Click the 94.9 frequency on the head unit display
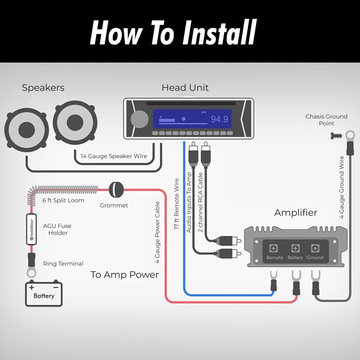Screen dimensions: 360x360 (x=220, y=119)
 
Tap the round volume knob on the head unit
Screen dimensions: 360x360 (x=139, y=119)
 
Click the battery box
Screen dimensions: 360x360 (x=44, y=293)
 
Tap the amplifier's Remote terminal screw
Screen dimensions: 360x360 (x=274, y=248)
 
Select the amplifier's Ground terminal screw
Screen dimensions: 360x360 (x=315, y=248)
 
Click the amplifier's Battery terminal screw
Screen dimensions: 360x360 (x=295, y=248)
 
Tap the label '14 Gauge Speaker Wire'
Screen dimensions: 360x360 (x=114, y=156)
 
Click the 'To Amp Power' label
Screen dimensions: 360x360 (x=125, y=274)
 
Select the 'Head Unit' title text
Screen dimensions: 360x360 (x=185, y=88)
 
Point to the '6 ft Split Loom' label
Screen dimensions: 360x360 (x=63, y=200)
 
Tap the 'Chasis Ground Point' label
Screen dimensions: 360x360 (x=326, y=120)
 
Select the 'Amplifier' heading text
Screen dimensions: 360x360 (x=296, y=212)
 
